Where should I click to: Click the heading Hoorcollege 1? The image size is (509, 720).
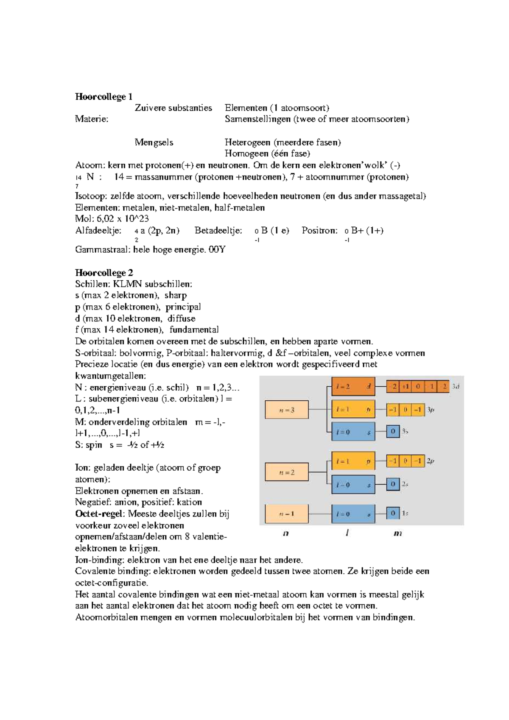coord(103,97)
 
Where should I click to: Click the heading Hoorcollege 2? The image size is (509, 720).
coord(104,273)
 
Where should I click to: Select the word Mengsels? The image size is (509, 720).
coord(154,142)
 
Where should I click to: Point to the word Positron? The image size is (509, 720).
coord(319,231)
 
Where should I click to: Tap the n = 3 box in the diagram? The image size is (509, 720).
coord(287,410)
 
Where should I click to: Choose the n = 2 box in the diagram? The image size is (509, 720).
coord(287,472)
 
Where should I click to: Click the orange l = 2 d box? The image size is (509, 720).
coord(353,386)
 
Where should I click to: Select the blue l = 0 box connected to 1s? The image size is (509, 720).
coord(353,514)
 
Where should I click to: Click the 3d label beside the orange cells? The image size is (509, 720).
coord(456,386)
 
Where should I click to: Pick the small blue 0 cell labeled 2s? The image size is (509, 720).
coord(393,484)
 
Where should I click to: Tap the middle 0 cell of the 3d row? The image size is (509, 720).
coord(418,386)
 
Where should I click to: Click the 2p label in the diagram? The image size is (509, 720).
coord(431,461)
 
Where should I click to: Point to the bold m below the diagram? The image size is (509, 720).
coord(397,533)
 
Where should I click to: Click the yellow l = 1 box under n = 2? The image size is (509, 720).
coord(353,461)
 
